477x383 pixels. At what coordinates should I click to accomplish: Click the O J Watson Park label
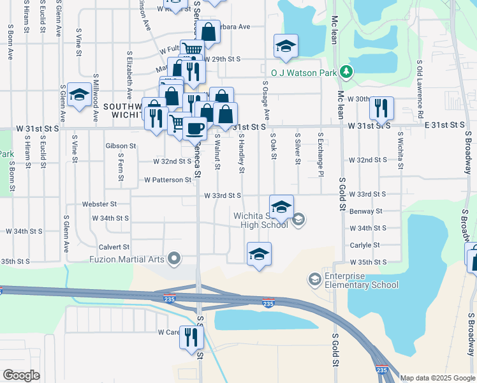tap(303, 73)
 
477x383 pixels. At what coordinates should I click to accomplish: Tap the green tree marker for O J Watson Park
tap(346, 71)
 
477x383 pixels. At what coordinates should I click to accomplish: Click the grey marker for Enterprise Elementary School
tap(314, 279)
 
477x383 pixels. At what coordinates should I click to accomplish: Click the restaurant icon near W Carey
tap(191, 337)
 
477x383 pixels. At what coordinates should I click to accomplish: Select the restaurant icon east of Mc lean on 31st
tap(381, 107)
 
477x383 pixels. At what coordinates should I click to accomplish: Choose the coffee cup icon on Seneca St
tap(194, 128)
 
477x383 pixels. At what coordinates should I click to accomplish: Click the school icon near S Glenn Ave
tap(79, 96)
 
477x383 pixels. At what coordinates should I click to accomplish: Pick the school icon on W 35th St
tap(259, 253)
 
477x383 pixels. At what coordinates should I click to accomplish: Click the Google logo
tap(22, 375)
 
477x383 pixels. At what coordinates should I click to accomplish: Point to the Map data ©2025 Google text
tap(437, 378)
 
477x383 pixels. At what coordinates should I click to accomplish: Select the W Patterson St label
tap(168, 180)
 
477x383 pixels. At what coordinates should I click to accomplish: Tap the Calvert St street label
tap(114, 246)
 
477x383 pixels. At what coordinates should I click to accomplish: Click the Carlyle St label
tap(365, 244)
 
